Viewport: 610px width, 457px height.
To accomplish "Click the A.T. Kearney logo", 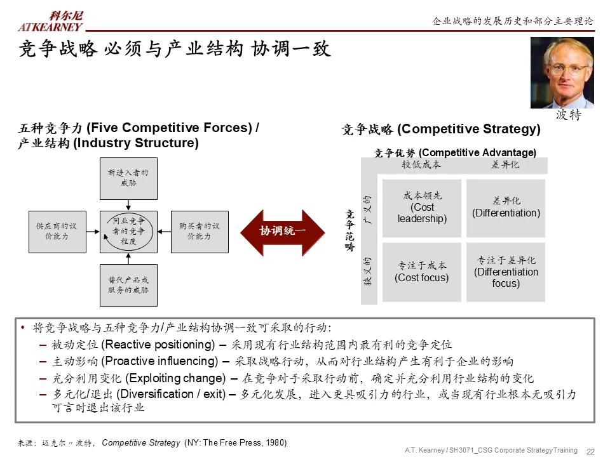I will (51, 21).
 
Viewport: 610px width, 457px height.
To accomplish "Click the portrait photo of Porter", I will (562, 72).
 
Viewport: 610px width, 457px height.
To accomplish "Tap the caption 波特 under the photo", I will (568, 116).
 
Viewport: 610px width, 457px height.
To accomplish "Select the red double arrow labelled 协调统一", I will (283, 232).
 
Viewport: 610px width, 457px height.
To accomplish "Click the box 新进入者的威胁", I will (128, 178).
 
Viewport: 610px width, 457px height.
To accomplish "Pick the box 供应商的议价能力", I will (57, 232).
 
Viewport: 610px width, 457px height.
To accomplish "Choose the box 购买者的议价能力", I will (200, 232).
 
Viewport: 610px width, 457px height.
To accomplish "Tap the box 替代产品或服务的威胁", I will (128, 285).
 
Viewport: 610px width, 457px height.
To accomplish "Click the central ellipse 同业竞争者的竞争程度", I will (128, 232).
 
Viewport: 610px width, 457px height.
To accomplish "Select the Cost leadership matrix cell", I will (422, 208).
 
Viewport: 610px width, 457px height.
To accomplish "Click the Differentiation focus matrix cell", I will (506, 272).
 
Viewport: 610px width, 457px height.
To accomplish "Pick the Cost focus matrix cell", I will (422, 272).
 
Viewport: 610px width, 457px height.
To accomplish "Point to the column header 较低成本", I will (421, 164).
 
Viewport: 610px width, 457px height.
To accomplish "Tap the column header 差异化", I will (505, 164).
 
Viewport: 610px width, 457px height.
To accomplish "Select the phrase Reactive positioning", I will (159, 345).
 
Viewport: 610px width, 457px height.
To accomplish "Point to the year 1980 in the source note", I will (275, 442).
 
